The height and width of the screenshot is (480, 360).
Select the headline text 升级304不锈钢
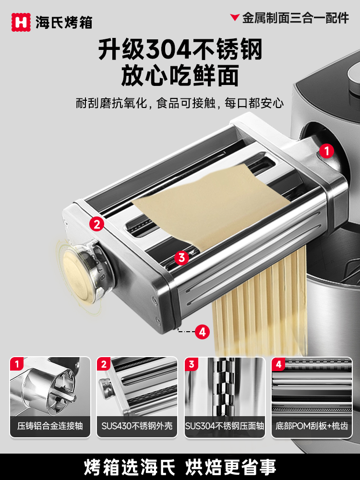pyautogui.click(x=180, y=50)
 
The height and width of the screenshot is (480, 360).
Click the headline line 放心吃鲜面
pyautogui.click(x=180, y=76)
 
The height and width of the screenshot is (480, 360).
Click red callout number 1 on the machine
pyautogui.click(x=326, y=151)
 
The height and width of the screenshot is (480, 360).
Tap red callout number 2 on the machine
pyautogui.click(x=96, y=224)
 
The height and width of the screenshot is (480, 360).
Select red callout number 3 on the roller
pyautogui.click(x=181, y=258)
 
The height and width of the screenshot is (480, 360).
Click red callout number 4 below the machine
pyautogui.click(x=202, y=331)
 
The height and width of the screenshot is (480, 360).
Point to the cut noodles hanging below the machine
pyautogui.click(x=259, y=307)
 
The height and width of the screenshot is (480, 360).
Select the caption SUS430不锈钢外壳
pyautogui.click(x=137, y=426)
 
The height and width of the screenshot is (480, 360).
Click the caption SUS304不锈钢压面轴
pyautogui.click(x=224, y=426)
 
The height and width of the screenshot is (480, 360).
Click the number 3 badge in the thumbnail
pyautogui.click(x=192, y=364)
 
